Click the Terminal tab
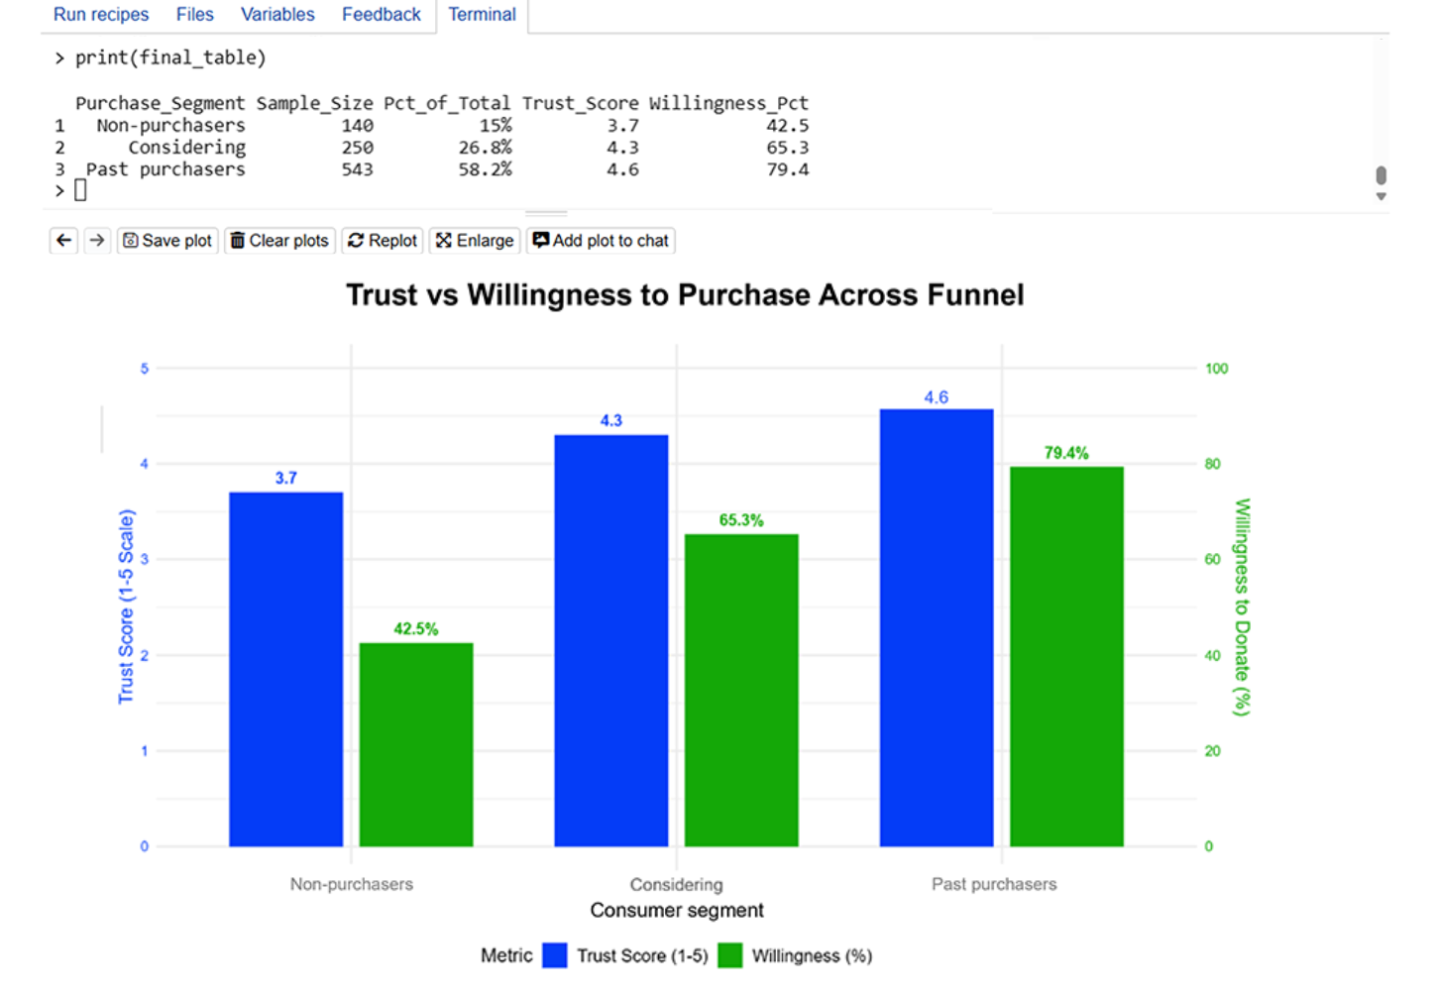(482, 15)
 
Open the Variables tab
(277, 15)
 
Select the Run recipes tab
(101, 15)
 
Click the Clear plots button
(279, 241)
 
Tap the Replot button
(383, 241)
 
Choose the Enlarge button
(475, 241)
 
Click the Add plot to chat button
(601, 241)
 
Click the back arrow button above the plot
(64, 241)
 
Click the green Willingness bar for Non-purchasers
(416, 744)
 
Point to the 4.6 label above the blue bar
(937, 397)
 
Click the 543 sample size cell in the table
(357, 169)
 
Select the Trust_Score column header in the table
(580, 103)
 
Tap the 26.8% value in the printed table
(485, 148)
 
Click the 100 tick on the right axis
(1216, 369)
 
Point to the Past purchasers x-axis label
(994, 884)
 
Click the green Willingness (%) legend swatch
(730, 955)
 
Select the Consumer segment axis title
(677, 910)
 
